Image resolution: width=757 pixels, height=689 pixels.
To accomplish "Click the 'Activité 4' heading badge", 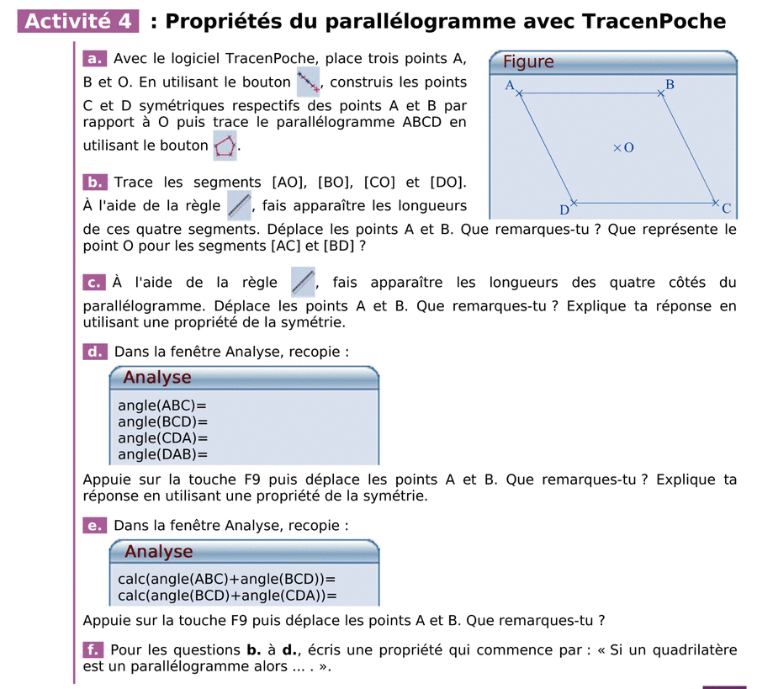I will point(77,21).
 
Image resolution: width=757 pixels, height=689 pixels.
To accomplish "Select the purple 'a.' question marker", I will point(93,59).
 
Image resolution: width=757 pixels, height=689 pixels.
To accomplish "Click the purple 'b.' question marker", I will point(94,182).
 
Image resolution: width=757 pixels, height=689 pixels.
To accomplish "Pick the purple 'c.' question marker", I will point(94,283).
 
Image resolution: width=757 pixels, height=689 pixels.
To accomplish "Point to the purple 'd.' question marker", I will point(94,352).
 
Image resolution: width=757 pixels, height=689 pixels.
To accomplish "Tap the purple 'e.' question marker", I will point(94,526).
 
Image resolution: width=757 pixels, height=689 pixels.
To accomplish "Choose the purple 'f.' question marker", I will point(93,649).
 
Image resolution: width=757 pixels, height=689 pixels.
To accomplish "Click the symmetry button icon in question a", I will point(309,82).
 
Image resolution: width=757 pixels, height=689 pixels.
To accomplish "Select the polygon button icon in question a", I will point(225,146).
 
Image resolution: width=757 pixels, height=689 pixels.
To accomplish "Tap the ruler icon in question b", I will point(239,204).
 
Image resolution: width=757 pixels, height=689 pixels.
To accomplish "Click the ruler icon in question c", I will point(303,282).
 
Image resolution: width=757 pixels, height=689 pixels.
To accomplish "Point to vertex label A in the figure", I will point(509,85).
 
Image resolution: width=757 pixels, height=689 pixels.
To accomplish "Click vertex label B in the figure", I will point(670,84).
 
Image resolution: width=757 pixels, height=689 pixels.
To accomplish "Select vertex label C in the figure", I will point(726,209).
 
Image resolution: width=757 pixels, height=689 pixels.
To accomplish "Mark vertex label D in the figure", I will point(564,209).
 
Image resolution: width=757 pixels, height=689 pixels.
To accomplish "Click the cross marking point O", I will point(617,148).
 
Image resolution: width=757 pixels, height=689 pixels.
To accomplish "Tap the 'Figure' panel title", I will point(528,61).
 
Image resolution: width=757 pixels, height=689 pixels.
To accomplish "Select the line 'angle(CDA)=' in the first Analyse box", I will point(162,438).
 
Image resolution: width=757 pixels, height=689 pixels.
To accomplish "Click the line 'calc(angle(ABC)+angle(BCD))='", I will point(226,579).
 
